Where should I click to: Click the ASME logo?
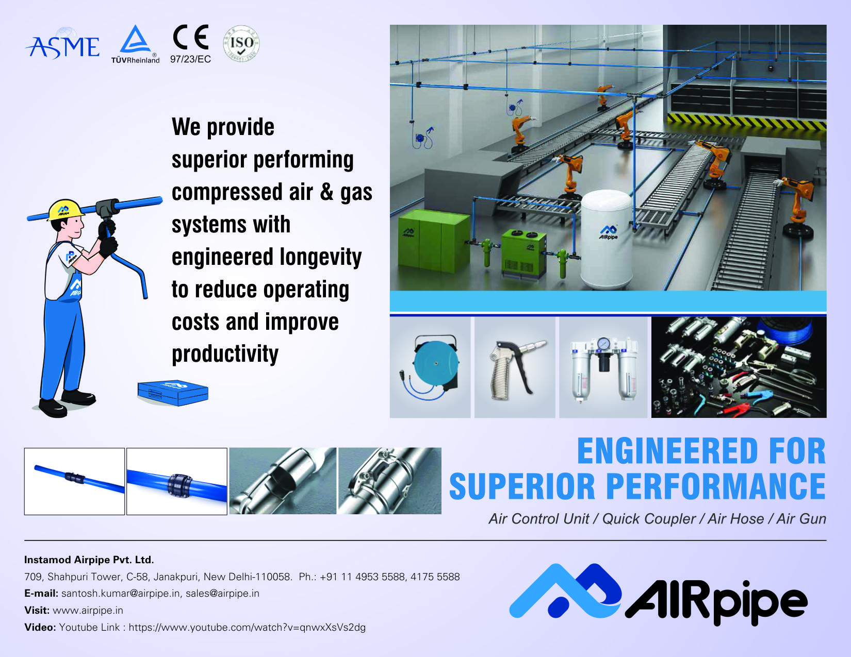[62, 46]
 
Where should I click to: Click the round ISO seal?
[241, 43]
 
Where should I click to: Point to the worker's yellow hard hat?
[66, 210]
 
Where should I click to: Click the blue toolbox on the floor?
[173, 392]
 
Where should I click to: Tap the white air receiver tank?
[607, 240]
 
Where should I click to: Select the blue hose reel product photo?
[430, 367]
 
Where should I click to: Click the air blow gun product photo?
[515, 367]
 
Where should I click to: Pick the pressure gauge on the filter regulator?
[603, 343]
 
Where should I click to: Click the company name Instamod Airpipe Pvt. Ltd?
[89, 560]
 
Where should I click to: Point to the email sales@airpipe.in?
[222, 594]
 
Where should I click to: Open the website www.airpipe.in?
[88, 611]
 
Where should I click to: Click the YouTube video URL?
[247, 628]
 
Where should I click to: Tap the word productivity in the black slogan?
[225, 354]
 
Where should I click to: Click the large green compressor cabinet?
[434, 243]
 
